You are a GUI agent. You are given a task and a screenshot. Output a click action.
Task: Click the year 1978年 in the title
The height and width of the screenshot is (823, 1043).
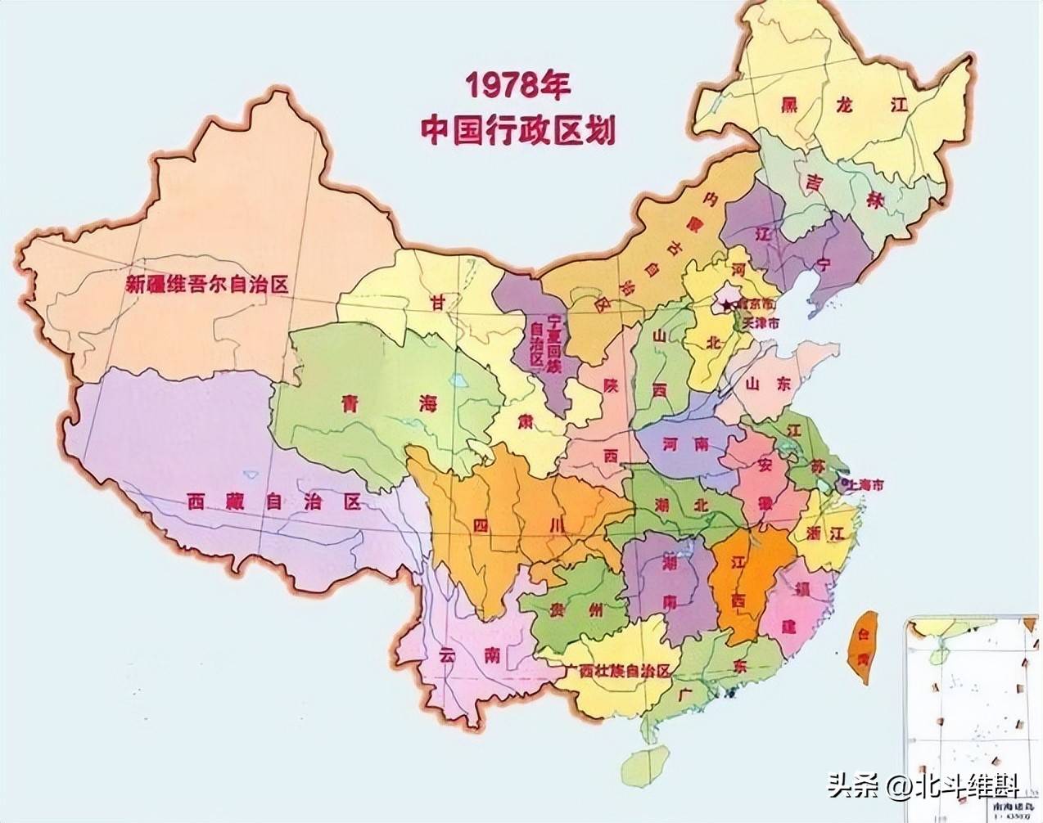coord(517,85)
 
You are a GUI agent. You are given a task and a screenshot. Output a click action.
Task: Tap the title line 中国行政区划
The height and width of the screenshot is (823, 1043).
coord(517,129)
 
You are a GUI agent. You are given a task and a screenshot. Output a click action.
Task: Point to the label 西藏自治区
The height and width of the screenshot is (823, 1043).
coord(273,501)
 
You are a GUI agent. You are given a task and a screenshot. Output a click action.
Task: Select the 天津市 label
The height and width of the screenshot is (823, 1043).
coord(757,322)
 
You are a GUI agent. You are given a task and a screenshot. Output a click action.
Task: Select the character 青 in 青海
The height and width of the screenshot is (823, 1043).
coord(352,403)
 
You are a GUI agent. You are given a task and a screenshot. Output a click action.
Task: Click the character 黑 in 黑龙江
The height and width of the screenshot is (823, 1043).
coord(789,105)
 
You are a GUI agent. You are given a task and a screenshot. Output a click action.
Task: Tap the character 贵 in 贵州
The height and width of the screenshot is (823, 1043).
coord(559,609)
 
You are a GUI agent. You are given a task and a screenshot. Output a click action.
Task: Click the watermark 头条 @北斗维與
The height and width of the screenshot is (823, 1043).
coord(923,787)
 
